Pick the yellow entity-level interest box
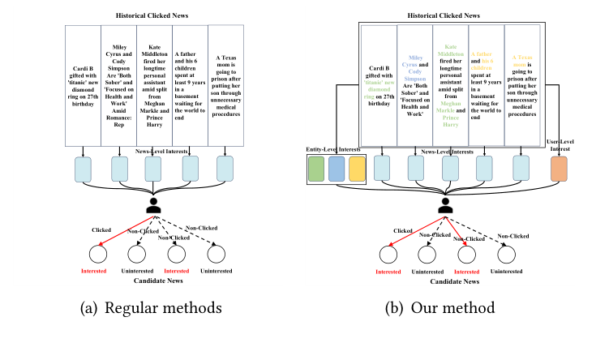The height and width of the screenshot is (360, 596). [x=357, y=168]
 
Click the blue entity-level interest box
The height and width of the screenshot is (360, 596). [x=337, y=168]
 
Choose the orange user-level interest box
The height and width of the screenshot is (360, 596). [x=560, y=168]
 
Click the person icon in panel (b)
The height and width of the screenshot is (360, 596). [x=444, y=205]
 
